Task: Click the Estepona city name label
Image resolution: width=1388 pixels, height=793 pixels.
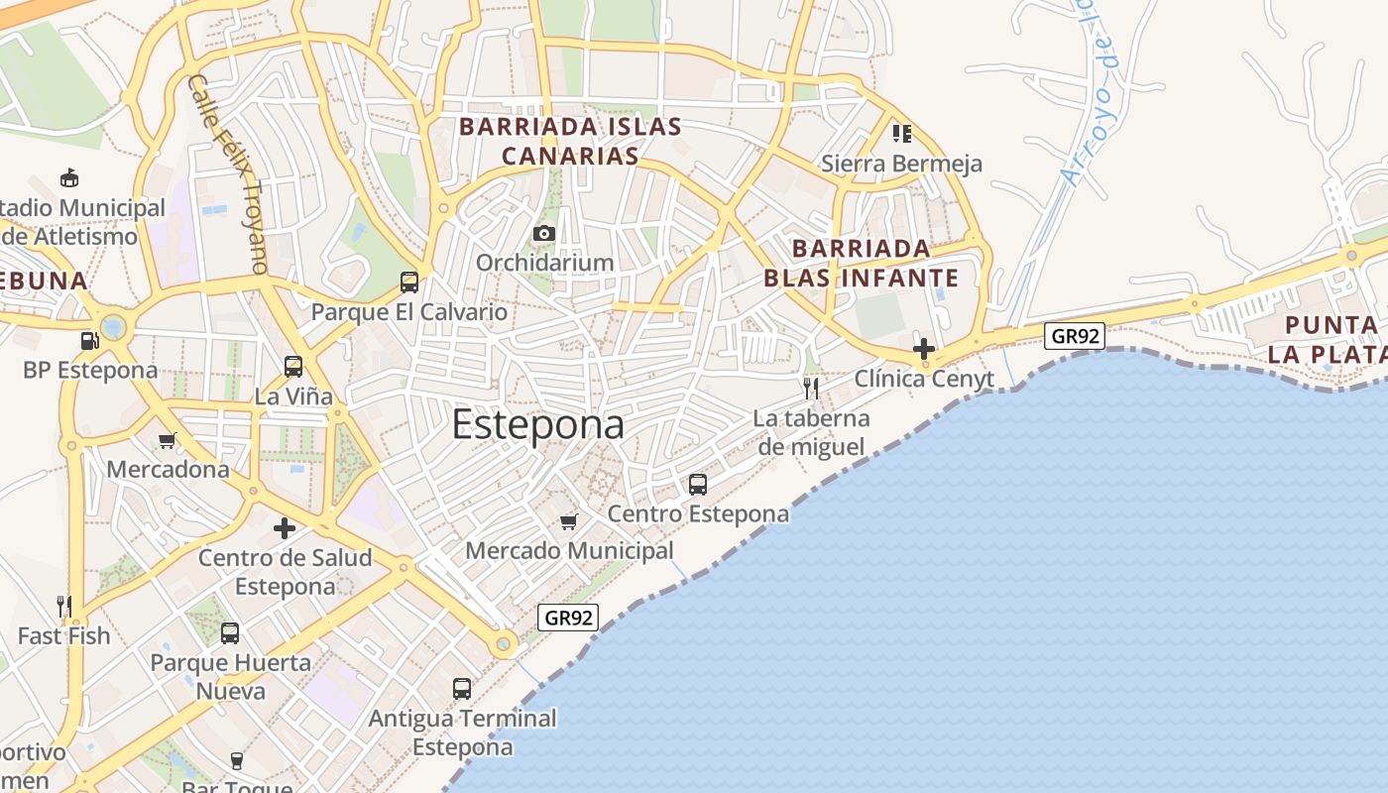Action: [538, 424]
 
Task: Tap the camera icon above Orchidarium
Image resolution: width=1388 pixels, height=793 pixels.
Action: [543, 234]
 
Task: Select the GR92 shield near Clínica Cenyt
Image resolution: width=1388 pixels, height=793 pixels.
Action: [1075, 336]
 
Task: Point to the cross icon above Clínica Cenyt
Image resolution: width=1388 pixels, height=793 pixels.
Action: [924, 349]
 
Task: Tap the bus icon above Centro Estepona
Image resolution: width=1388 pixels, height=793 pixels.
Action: [698, 485]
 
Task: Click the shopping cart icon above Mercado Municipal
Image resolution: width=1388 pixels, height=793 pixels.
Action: [568, 521]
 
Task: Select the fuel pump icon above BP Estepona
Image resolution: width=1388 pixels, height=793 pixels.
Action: [89, 341]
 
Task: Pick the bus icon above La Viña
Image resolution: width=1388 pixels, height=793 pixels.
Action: [293, 367]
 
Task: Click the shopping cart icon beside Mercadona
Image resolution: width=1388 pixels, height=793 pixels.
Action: [167, 441]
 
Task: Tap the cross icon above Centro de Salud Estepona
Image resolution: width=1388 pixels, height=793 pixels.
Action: [285, 528]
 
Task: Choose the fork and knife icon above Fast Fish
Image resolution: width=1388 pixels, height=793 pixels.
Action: [63, 606]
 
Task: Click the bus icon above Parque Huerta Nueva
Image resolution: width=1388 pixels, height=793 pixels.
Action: [230, 632]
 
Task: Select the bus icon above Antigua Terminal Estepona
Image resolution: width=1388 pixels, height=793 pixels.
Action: [462, 688]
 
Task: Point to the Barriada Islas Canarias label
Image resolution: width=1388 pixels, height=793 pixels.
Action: [570, 141]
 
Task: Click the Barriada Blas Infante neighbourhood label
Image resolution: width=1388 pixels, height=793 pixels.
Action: [862, 263]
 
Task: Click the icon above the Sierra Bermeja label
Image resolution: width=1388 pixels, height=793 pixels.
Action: [901, 133]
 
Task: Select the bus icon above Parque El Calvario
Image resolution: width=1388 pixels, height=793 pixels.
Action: [408, 283]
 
